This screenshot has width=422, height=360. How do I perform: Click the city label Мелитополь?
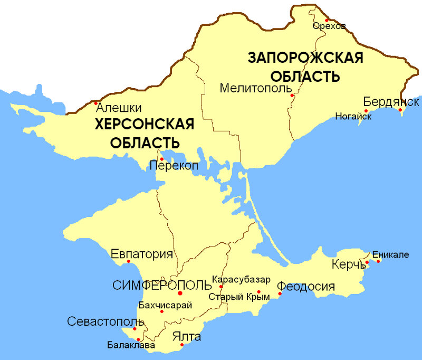[x=253, y=88]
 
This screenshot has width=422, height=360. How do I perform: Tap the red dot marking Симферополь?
[x=180, y=293]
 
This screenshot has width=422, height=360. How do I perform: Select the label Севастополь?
[x=105, y=322]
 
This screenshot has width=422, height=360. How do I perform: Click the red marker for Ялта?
[x=181, y=346]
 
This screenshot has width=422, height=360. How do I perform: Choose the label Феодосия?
[x=306, y=287]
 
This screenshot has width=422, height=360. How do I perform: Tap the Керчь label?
[x=349, y=264]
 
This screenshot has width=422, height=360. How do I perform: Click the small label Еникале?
[x=390, y=255]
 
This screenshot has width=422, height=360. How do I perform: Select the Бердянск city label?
[x=391, y=101]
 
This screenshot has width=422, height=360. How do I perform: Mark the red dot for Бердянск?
[x=400, y=110]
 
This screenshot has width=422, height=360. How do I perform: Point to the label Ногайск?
[x=353, y=116]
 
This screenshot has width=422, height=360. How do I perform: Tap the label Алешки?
[x=119, y=108]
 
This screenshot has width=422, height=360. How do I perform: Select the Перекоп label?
[x=174, y=165]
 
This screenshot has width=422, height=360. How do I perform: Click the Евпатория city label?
[x=142, y=254]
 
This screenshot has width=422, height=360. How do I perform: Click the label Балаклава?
[x=131, y=346]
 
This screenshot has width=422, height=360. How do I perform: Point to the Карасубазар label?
[x=241, y=279]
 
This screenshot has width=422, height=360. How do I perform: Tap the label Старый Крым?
[x=239, y=297]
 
